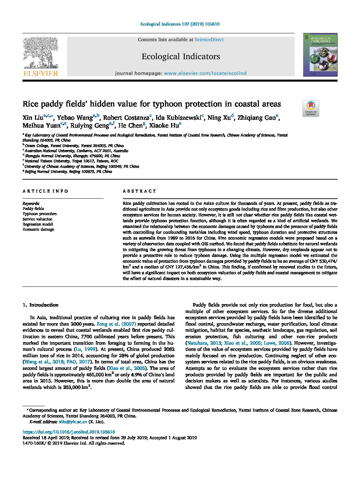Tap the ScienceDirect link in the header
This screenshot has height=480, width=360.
click(209, 40)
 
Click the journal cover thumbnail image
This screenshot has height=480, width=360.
click(320, 55)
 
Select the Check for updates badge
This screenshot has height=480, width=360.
click(311, 109)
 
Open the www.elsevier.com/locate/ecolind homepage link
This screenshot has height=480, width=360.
click(205, 73)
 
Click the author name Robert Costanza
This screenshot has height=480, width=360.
click(126, 118)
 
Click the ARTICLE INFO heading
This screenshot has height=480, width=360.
click(45, 191)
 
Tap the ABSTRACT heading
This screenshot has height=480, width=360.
click(140, 191)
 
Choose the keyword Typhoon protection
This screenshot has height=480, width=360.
click(39, 214)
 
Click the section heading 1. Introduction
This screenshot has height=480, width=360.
click(40, 305)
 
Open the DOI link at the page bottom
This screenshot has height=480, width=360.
click(69, 432)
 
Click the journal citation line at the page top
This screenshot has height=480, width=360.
click(180, 24)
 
